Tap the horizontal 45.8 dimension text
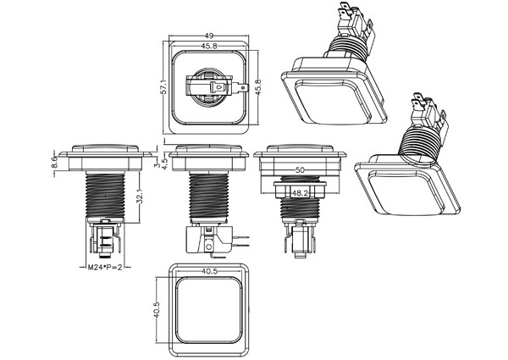208,47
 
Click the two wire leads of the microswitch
242,238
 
